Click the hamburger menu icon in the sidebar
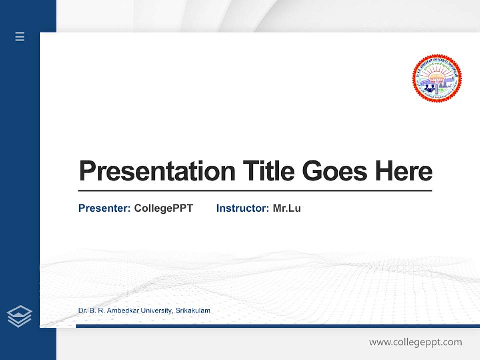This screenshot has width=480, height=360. point(20,36)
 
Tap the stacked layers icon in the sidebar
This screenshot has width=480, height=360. point(19,316)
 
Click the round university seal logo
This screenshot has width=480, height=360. point(437,79)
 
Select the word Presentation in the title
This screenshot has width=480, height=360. point(157,171)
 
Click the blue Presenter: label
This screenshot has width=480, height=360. point(104,208)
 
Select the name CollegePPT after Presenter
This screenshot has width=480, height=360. point(163,208)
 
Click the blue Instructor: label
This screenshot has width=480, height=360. point(242,208)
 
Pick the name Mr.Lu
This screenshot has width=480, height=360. point(287,208)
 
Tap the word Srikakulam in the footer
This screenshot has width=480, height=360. point(193,311)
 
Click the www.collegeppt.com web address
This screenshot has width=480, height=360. point(415,342)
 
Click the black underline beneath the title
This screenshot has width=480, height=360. point(255,191)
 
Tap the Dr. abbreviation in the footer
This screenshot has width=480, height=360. point(83,311)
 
